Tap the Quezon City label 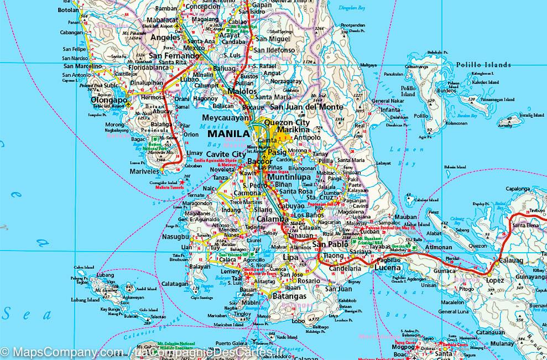(x=287, y=122)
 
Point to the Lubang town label (x=105, y=275)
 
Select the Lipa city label (x=290, y=258)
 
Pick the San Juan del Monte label (x=306, y=107)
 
